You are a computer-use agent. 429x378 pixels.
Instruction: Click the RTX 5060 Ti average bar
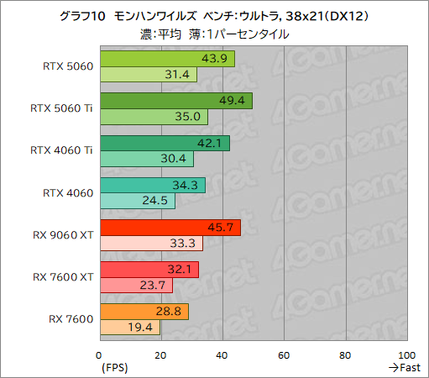point(175,101)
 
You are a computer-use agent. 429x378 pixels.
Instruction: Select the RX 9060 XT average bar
point(170,228)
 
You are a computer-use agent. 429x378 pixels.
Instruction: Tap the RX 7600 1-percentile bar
point(129,328)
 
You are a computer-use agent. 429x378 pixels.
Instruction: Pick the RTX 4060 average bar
point(152,185)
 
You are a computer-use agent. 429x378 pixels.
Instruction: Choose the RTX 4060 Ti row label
point(61,151)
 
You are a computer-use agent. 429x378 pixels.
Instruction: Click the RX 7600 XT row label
point(63,276)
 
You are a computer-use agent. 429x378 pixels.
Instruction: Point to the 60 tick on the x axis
point(285,354)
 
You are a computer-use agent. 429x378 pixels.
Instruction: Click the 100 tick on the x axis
point(407,354)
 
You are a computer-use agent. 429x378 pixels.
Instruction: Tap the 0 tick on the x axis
point(100,354)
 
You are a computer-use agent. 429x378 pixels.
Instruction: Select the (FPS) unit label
point(115,368)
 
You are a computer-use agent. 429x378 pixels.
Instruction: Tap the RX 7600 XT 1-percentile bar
point(136,286)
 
